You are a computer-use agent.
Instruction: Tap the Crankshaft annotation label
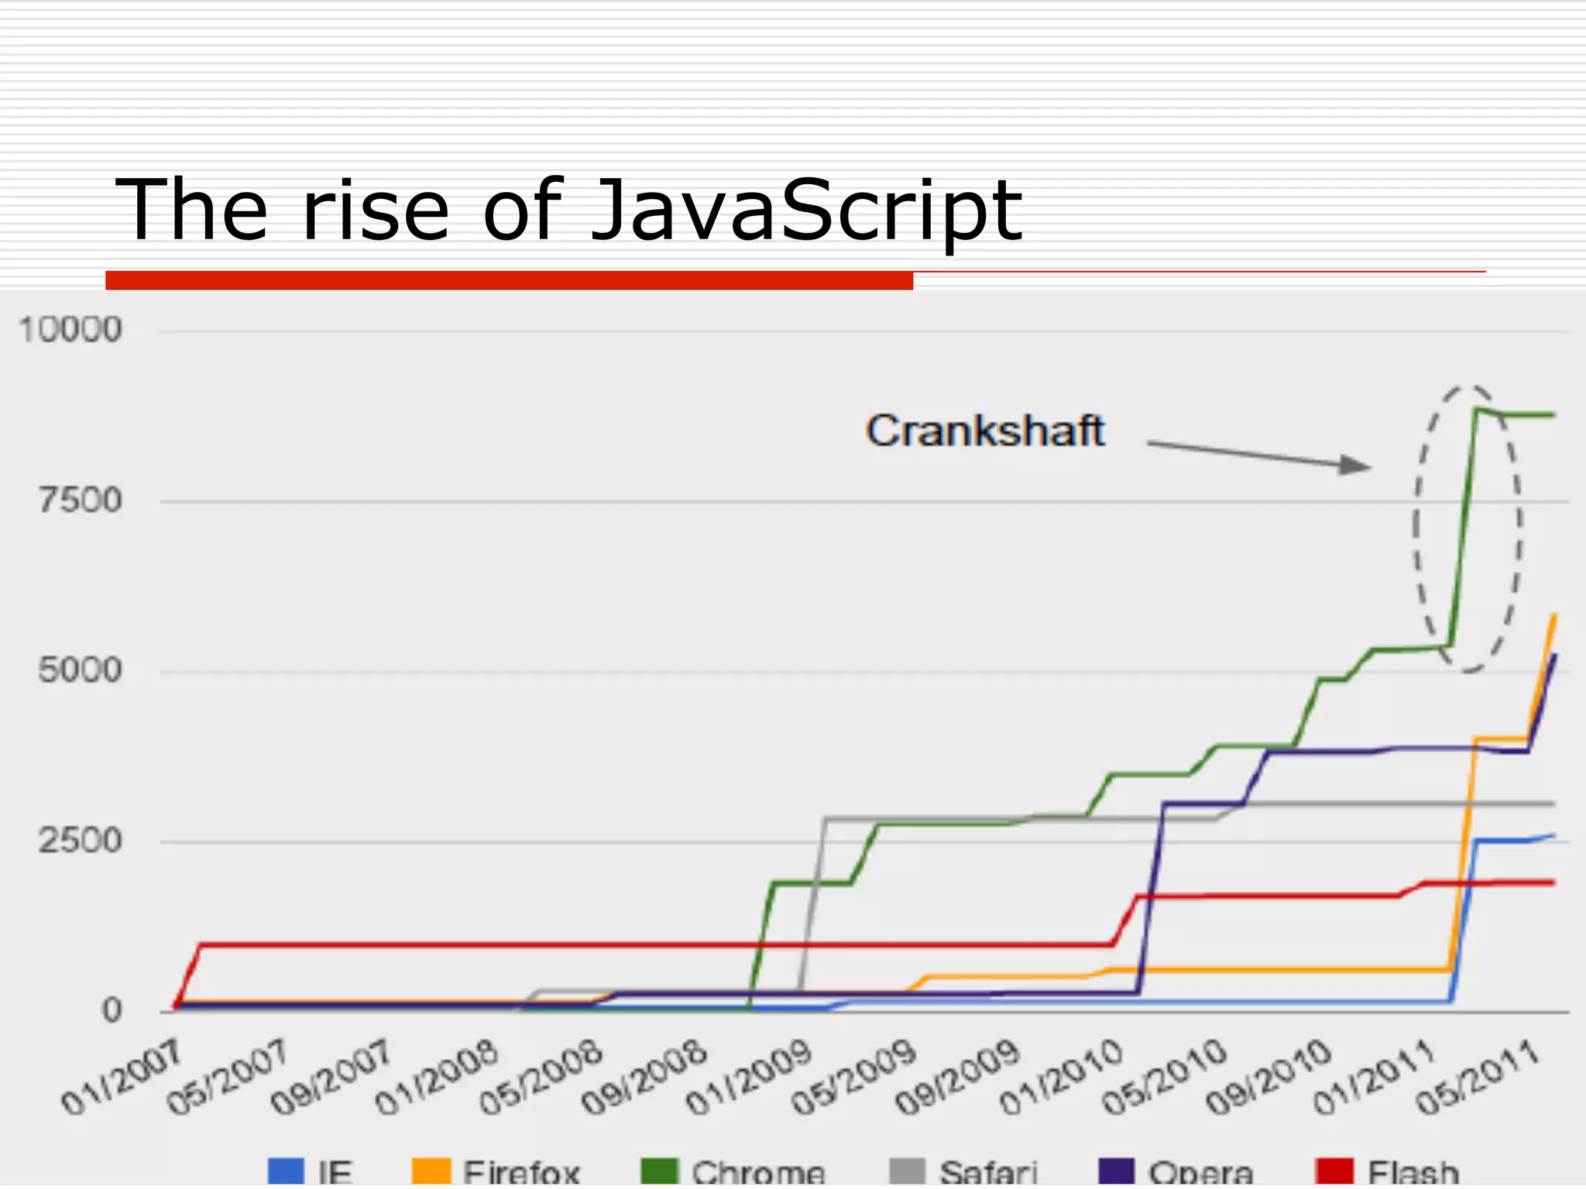tap(985, 431)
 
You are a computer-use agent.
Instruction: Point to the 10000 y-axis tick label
tap(70, 331)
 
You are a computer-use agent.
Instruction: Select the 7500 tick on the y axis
tap(81, 501)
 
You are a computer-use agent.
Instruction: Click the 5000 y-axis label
tap(81, 670)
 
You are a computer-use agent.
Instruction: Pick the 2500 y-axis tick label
tap(81, 841)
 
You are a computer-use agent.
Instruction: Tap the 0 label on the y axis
tap(112, 1010)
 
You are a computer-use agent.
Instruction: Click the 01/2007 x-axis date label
tap(122, 1078)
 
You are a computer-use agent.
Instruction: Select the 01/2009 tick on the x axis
tap(750, 1078)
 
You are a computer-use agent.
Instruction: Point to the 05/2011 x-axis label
tap(1478, 1078)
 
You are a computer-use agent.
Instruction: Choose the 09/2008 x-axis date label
tap(645, 1078)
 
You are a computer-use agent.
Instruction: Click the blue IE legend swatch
tap(286, 1170)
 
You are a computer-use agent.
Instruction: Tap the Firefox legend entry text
tap(521, 1172)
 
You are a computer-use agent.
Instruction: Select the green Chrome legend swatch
tap(660, 1170)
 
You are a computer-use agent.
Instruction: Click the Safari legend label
tap(987, 1172)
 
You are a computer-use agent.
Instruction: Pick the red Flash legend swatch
tap(1334, 1170)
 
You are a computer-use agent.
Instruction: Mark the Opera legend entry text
tap(1201, 1172)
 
